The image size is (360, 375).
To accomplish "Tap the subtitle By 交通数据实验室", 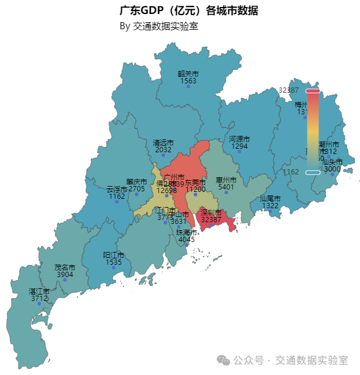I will pyautogui.click(x=159, y=26).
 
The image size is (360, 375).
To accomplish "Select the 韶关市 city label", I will pyautogui.click(x=188, y=74).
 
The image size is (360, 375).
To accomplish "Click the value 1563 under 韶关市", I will pyautogui.click(x=188, y=81).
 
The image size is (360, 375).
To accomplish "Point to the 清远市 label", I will pyautogui.click(x=163, y=142).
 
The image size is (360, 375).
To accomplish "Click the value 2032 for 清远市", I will pyautogui.click(x=163, y=150).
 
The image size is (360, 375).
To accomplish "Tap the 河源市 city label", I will pyautogui.click(x=239, y=139).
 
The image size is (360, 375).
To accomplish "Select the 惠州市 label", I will pyautogui.click(x=226, y=180).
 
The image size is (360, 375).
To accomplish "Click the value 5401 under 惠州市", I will pyautogui.click(x=226, y=187).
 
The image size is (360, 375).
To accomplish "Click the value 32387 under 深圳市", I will pyautogui.click(x=211, y=220).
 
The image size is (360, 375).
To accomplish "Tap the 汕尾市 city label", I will pyautogui.click(x=270, y=199).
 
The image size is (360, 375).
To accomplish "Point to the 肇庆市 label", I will pyautogui.click(x=137, y=182).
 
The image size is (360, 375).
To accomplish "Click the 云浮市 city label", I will pyautogui.click(x=117, y=190).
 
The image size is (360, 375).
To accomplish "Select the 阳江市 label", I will pyautogui.click(x=114, y=255).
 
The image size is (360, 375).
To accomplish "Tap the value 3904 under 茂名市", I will pyautogui.click(x=65, y=274).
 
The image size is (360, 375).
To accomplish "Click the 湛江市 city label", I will pyautogui.click(x=39, y=291).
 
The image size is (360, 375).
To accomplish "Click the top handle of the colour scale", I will pyautogui.click(x=313, y=90).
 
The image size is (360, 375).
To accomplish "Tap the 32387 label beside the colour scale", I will pyautogui.click(x=288, y=90).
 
